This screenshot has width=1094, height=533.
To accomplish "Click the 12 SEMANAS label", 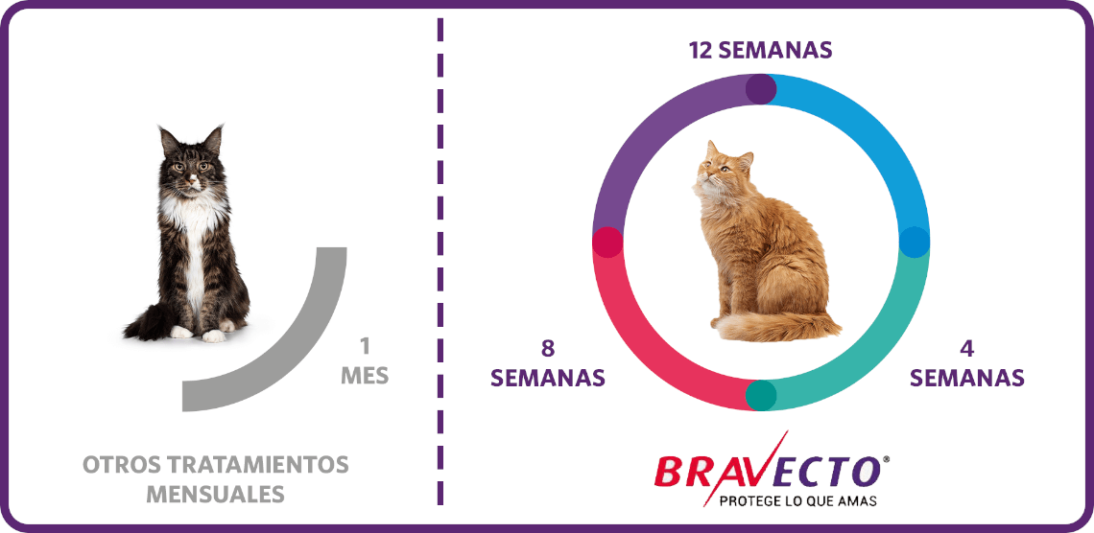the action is [760, 51].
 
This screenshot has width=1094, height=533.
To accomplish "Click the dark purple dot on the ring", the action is [761, 89].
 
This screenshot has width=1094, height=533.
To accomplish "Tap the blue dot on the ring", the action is [914, 242].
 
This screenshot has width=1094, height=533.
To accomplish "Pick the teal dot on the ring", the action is [760, 395].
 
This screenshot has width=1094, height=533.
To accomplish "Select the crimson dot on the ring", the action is [607, 243].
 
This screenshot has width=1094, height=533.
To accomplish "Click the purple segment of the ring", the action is [651, 132].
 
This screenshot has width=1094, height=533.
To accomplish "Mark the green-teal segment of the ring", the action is [870, 352].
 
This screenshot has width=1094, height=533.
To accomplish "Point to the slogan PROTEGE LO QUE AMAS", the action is [797, 501].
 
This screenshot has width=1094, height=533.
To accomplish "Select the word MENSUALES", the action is [216, 494].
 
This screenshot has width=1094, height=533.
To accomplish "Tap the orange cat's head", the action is [723, 169].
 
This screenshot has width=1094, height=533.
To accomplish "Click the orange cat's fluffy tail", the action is [774, 325].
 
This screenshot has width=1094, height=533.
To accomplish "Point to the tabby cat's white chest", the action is [193, 230].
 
